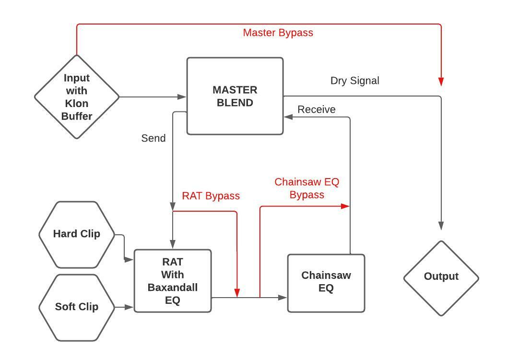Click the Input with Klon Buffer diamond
click(77, 96)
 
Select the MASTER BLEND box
click(235, 96)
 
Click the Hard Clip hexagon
click(77, 234)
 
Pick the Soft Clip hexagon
click(77, 307)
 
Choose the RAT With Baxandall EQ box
click(173, 281)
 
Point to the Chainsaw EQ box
click(326, 282)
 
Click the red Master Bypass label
click(278, 33)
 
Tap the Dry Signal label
click(354, 81)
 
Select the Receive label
click(317, 109)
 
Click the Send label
click(153, 138)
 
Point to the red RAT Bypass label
click(211, 196)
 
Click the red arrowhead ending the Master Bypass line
click(441, 82)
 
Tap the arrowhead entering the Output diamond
click(441, 226)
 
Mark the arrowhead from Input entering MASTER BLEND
click(182, 97)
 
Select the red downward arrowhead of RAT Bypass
click(237, 293)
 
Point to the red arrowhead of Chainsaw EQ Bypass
click(345, 206)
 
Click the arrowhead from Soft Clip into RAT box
click(129, 307)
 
